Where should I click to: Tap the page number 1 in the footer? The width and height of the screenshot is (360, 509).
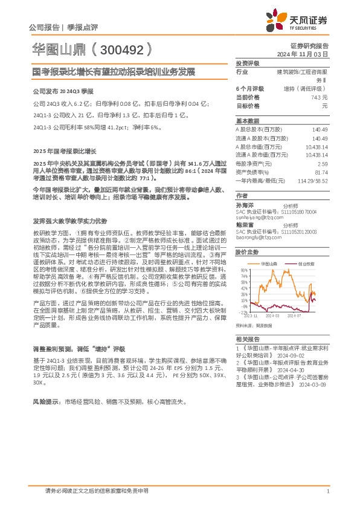(x=327, y=492)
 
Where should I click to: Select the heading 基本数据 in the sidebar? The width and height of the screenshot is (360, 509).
(x=246, y=121)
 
